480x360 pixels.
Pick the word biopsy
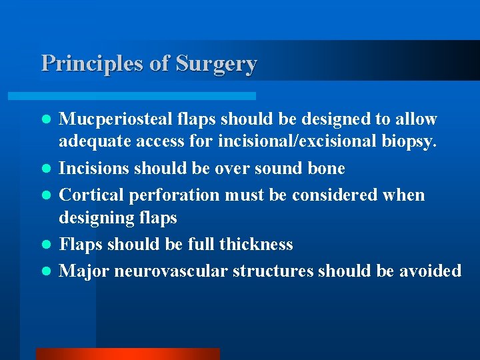[408, 141]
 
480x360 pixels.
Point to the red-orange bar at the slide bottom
[127, 354]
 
